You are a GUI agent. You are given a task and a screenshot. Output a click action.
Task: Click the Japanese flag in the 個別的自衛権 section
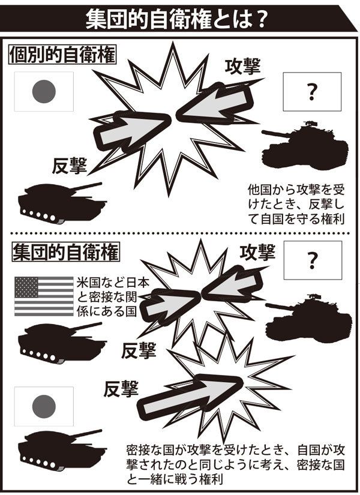pos(43,92)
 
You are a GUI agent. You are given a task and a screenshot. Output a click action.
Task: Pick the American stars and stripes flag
pos(43,296)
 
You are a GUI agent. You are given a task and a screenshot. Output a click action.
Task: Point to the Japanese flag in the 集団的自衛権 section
pos(43,407)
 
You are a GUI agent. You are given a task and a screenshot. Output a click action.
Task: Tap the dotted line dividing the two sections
pos(180,233)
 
